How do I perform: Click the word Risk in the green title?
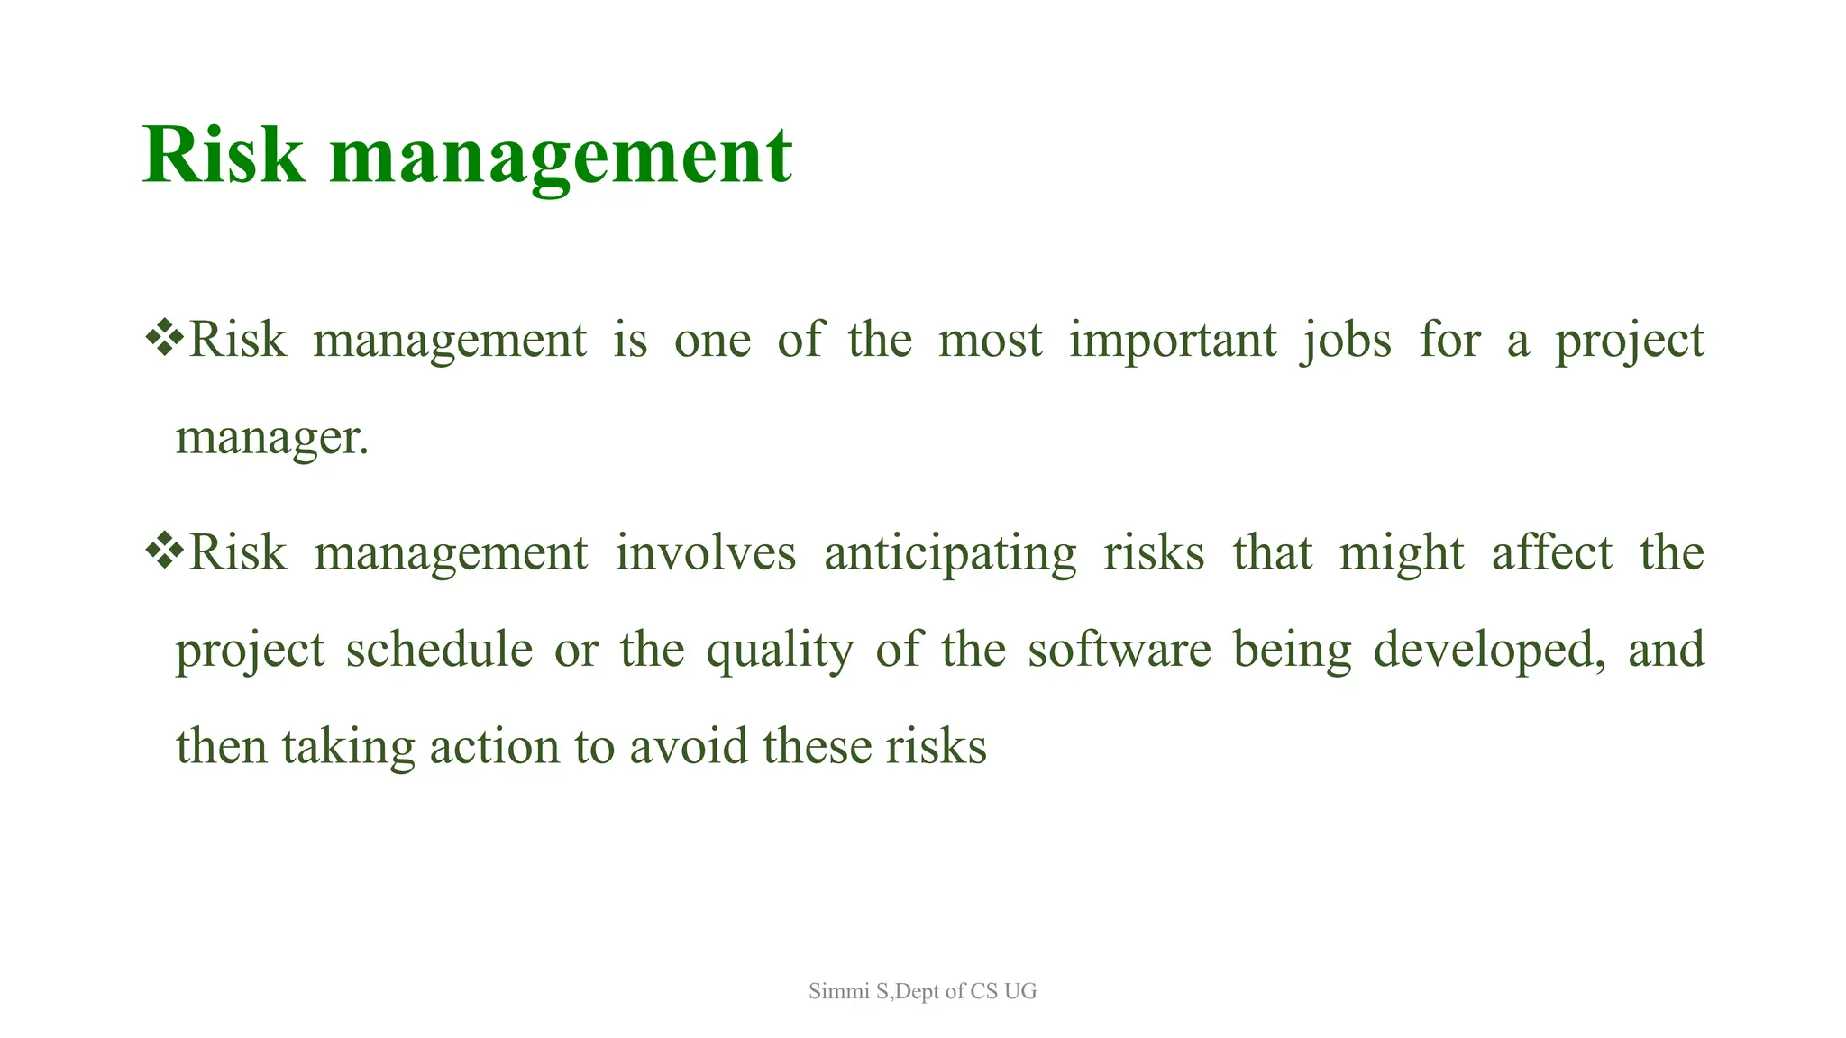(223, 156)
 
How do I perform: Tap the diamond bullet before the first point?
(164, 339)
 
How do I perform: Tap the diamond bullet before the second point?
(164, 551)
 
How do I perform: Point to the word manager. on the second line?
(271, 439)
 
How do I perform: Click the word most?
(990, 341)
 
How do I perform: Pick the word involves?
(706, 552)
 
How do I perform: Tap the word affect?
(1551, 552)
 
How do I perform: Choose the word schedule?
(439, 650)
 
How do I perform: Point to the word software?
(1119, 650)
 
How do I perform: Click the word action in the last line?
(494, 747)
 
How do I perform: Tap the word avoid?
(688, 747)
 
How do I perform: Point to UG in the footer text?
(1020, 991)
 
